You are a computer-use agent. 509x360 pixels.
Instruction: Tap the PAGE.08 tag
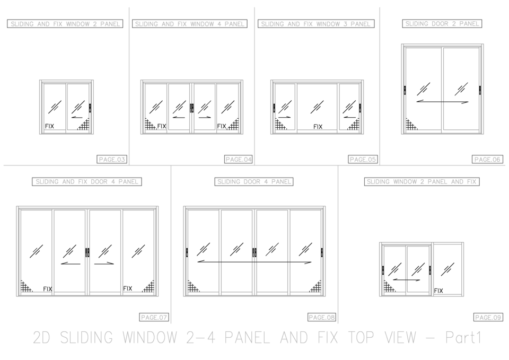(322, 317)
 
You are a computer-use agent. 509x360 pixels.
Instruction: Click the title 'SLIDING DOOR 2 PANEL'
(442, 24)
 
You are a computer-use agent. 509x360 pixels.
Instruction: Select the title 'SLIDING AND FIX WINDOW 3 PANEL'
(316, 24)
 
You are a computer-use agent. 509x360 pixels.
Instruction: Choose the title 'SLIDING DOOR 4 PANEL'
(254, 182)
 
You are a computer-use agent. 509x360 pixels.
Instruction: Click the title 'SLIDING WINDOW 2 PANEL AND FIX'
(422, 182)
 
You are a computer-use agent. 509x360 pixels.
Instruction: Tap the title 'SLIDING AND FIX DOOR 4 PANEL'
(87, 182)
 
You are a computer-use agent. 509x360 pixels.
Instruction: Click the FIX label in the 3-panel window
(318, 127)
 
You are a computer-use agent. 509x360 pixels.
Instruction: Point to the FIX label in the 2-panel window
(49, 127)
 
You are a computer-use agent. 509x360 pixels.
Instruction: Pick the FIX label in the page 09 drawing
(438, 291)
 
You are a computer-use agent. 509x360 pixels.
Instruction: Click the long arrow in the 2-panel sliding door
(442, 101)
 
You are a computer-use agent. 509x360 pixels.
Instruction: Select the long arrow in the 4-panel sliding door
(254, 261)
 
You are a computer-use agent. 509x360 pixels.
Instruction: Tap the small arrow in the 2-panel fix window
(77, 117)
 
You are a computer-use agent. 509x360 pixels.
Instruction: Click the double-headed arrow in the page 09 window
(407, 279)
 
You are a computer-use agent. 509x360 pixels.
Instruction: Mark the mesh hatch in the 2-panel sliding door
(411, 125)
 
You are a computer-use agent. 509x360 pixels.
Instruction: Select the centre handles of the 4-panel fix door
(87, 252)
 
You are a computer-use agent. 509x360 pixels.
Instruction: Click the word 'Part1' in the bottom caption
(462, 338)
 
